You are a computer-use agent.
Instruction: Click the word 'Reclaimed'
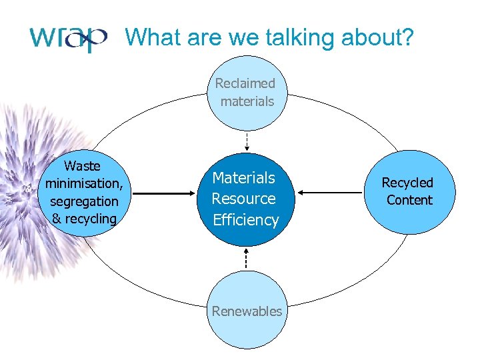245,83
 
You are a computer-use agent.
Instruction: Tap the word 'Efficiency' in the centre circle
245,220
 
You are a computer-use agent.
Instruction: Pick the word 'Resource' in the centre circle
243,199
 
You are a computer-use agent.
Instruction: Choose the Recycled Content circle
409,192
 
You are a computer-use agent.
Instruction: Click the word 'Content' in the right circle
409,200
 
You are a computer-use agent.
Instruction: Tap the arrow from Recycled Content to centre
329,193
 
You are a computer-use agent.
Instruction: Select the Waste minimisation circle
83,192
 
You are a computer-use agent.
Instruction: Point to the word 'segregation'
84,201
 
